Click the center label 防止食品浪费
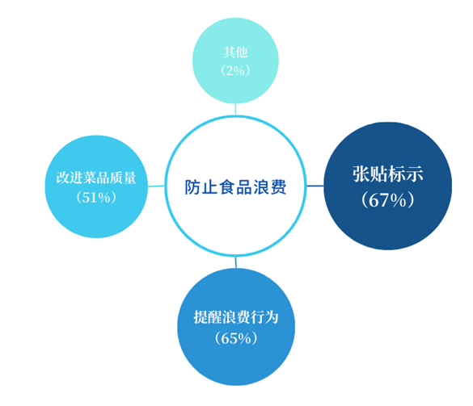point(235,187)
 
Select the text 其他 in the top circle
point(235,52)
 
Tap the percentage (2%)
point(235,71)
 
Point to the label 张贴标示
point(388,174)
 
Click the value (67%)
point(388,199)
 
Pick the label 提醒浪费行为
point(236,317)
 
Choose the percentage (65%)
point(236,338)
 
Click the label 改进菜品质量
point(96,178)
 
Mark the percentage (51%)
point(96,198)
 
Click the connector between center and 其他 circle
point(235,109)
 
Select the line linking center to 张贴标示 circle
point(315,186)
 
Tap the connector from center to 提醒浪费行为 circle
point(236,262)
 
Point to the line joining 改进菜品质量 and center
point(156,186)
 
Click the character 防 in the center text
point(192,187)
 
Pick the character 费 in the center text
point(278,187)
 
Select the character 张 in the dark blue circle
point(361,174)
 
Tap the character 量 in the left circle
point(129,178)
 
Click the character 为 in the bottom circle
point(272,317)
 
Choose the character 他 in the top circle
point(242,52)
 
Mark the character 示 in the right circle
point(415,174)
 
